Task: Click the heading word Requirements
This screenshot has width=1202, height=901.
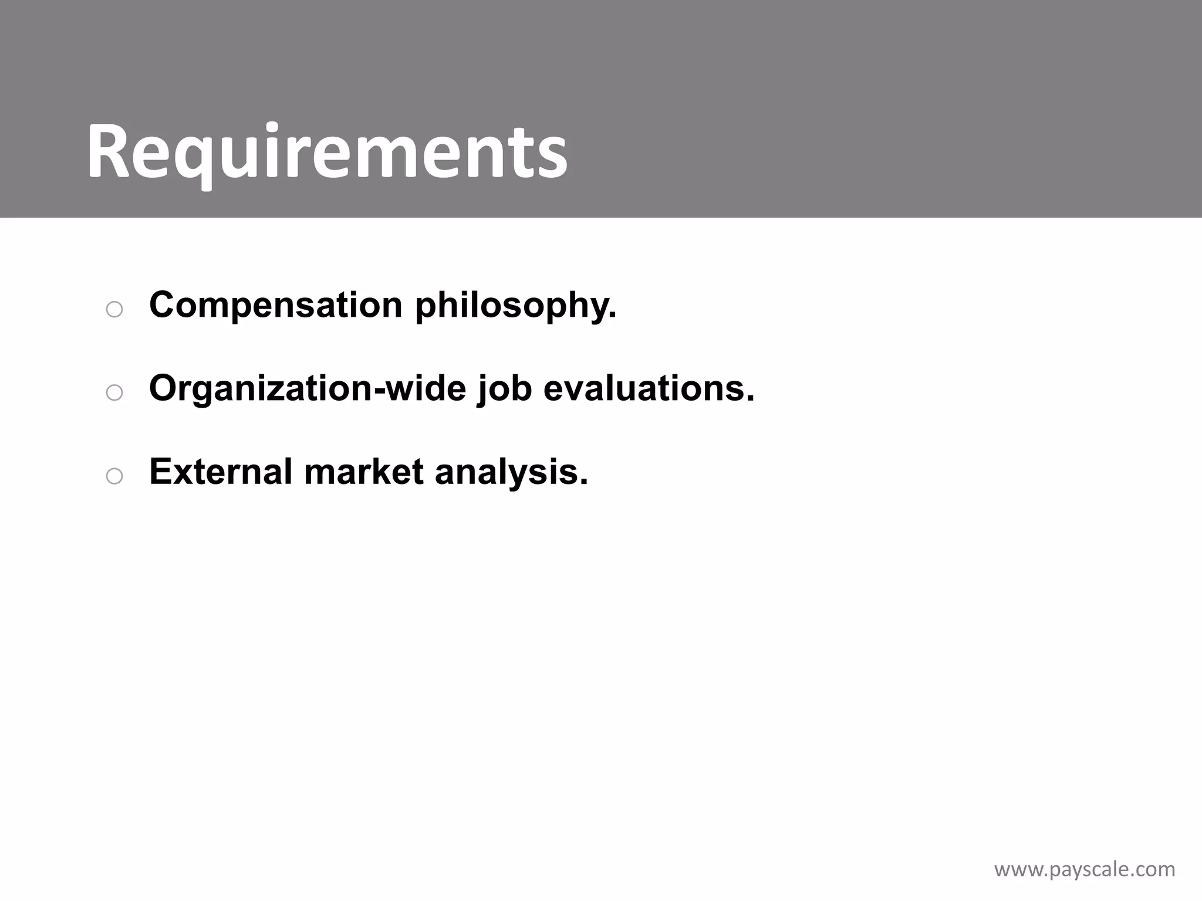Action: pyautogui.click(x=327, y=153)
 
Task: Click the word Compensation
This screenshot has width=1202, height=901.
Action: pyautogui.click(x=276, y=305)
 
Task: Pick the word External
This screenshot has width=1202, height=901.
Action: pyautogui.click(x=221, y=472)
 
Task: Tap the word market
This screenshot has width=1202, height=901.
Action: pyautogui.click(x=364, y=472)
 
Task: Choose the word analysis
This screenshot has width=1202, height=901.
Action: pyautogui.click(x=506, y=473)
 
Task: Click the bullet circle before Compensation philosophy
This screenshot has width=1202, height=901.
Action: pyautogui.click(x=114, y=310)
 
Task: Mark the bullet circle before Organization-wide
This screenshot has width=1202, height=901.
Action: pyautogui.click(x=114, y=393)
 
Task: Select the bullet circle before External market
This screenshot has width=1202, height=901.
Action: pyautogui.click(x=114, y=476)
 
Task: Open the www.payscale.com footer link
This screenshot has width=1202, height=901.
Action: pyautogui.click(x=1085, y=869)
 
